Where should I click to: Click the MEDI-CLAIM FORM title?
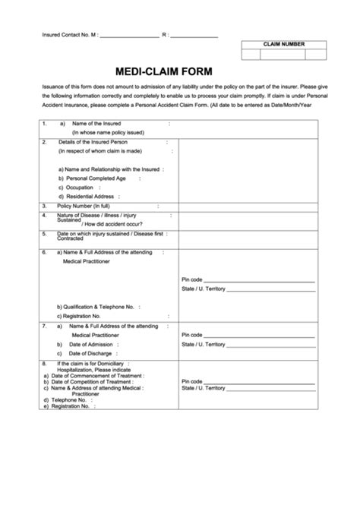coord(163,71)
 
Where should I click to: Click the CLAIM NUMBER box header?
coord(284,44)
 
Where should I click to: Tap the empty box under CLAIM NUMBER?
coord(284,55)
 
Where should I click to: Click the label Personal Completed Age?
coord(93,178)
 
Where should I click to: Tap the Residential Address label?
coord(87,196)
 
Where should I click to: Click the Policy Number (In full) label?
coord(84,206)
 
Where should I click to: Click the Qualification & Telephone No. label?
coord(95,306)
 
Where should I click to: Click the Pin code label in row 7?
coord(191,335)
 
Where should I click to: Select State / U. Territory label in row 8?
coord(203,388)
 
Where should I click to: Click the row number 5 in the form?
coord(45,233)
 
